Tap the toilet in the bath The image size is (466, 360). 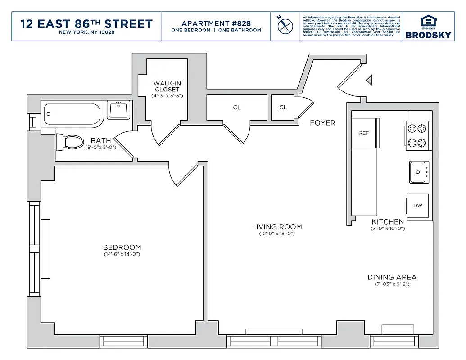point(70,143)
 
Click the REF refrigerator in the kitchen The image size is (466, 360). point(364,133)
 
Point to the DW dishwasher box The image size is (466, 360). point(417,206)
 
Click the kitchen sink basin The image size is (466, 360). point(419,172)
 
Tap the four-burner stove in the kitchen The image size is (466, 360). point(416,136)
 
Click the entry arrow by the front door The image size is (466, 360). point(369,81)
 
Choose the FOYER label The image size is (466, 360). point(322,123)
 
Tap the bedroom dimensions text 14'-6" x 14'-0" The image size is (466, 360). point(122,255)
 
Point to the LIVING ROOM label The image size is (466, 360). point(276,227)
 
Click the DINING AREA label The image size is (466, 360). point(392,277)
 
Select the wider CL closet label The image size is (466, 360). point(237,108)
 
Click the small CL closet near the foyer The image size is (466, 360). point(283,108)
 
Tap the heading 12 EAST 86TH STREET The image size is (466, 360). point(86,24)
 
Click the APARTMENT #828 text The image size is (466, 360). point(216,23)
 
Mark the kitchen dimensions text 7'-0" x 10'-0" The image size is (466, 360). point(387,229)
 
